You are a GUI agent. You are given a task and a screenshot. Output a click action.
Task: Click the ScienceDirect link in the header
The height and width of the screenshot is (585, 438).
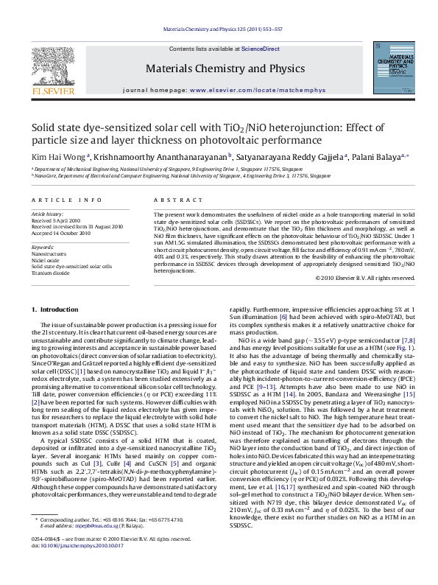tap(252, 47)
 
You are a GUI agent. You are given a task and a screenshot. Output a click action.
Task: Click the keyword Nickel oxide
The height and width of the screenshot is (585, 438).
tap(45, 259)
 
